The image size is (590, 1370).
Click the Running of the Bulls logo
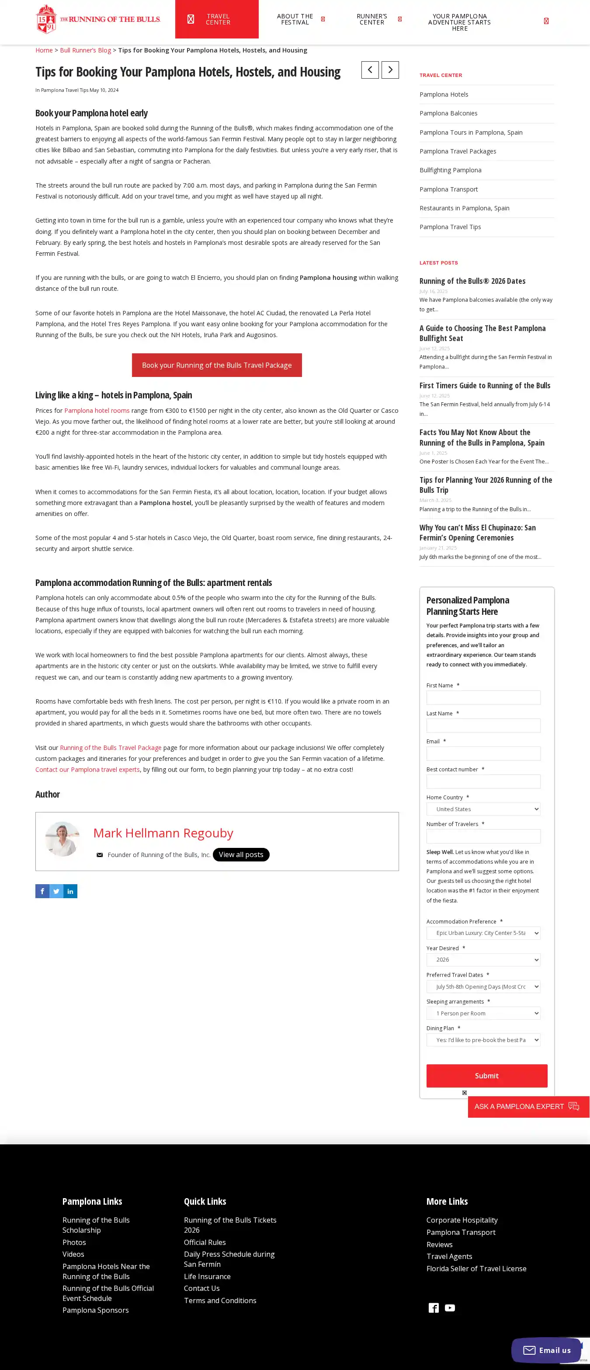pos(98,19)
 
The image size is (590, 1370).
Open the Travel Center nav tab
pos(217,19)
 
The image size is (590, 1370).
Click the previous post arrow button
pos(370,70)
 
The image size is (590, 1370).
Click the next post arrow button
pos(390,70)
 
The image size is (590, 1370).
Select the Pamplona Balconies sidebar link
pos(448,113)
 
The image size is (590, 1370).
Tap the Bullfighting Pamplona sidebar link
pos(450,170)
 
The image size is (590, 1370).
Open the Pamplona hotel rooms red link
pos(97,410)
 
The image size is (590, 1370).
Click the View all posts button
pos(241,854)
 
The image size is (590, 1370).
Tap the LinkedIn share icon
pos(70,891)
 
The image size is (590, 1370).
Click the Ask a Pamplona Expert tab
pos(528,1106)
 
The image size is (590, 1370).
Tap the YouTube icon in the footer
pos(450,1308)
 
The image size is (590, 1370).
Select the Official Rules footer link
pos(205,1242)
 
